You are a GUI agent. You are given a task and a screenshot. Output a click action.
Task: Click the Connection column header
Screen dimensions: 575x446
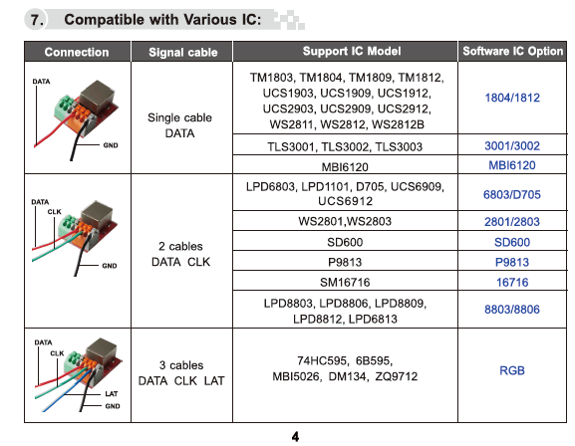pyautogui.click(x=77, y=52)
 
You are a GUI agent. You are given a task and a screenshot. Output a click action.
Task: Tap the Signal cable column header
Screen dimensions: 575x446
pyautogui.click(x=183, y=52)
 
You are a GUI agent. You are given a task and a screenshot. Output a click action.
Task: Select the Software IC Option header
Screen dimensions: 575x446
pyautogui.click(x=512, y=51)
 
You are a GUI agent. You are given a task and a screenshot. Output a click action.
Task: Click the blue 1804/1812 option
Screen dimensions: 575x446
pyautogui.click(x=512, y=98)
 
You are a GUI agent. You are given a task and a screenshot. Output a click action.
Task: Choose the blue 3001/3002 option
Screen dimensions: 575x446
pyautogui.click(x=512, y=146)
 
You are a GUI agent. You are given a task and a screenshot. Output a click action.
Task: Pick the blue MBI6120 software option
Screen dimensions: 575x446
pyautogui.click(x=512, y=165)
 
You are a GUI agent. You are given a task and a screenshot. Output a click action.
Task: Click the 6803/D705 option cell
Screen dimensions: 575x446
pyautogui.click(x=512, y=194)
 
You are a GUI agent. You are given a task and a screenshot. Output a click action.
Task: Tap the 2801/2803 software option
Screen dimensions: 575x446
pyautogui.click(x=512, y=222)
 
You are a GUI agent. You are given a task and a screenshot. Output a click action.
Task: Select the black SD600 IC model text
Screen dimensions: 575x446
pyautogui.click(x=345, y=242)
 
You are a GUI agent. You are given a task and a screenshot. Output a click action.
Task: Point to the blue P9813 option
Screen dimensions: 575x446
pyautogui.click(x=512, y=263)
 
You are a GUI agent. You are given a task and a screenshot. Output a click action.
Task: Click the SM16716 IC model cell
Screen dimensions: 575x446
pyautogui.click(x=345, y=282)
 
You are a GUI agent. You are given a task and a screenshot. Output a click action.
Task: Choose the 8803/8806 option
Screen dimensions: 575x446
pyautogui.click(x=512, y=310)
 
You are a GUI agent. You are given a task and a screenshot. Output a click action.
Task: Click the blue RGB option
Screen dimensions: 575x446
pyautogui.click(x=512, y=370)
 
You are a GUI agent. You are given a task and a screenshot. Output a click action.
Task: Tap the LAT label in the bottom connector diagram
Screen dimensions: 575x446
pyautogui.click(x=112, y=394)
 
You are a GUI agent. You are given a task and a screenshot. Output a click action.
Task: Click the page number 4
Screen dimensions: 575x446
pyautogui.click(x=295, y=436)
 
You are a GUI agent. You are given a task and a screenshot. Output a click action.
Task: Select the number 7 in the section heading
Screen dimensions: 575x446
pyautogui.click(x=36, y=20)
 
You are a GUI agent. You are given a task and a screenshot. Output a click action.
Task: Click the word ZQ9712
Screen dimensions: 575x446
pyautogui.click(x=397, y=376)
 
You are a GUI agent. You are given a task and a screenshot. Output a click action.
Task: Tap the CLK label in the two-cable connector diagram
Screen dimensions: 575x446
pyautogui.click(x=54, y=212)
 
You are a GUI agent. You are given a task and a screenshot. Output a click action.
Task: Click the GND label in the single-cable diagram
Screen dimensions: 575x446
pyautogui.click(x=111, y=145)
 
